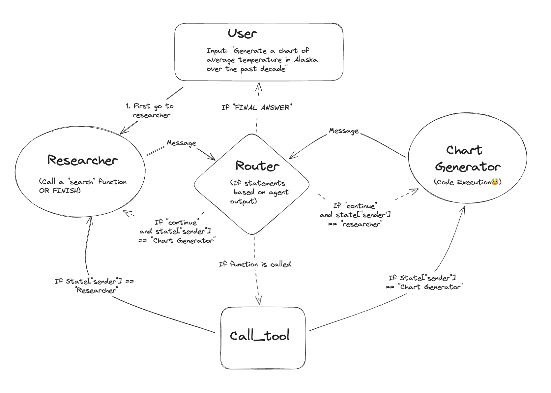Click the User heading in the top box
[242, 34]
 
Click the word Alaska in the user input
[306, 60]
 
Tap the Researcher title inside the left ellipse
[82, 160]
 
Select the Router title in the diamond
[257, 166]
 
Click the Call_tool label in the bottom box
[259, 336]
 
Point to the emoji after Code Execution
[495, 182]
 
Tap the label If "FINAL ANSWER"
[257, 107]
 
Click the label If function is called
[255, 264]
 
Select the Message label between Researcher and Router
[181, 143]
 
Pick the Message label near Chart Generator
[344, 131]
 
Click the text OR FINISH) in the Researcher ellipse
[60, 191]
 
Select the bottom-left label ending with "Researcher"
[96, 290]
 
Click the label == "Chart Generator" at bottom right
[424, 287]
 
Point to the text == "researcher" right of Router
[355, 224]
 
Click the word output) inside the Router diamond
[243, 201]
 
